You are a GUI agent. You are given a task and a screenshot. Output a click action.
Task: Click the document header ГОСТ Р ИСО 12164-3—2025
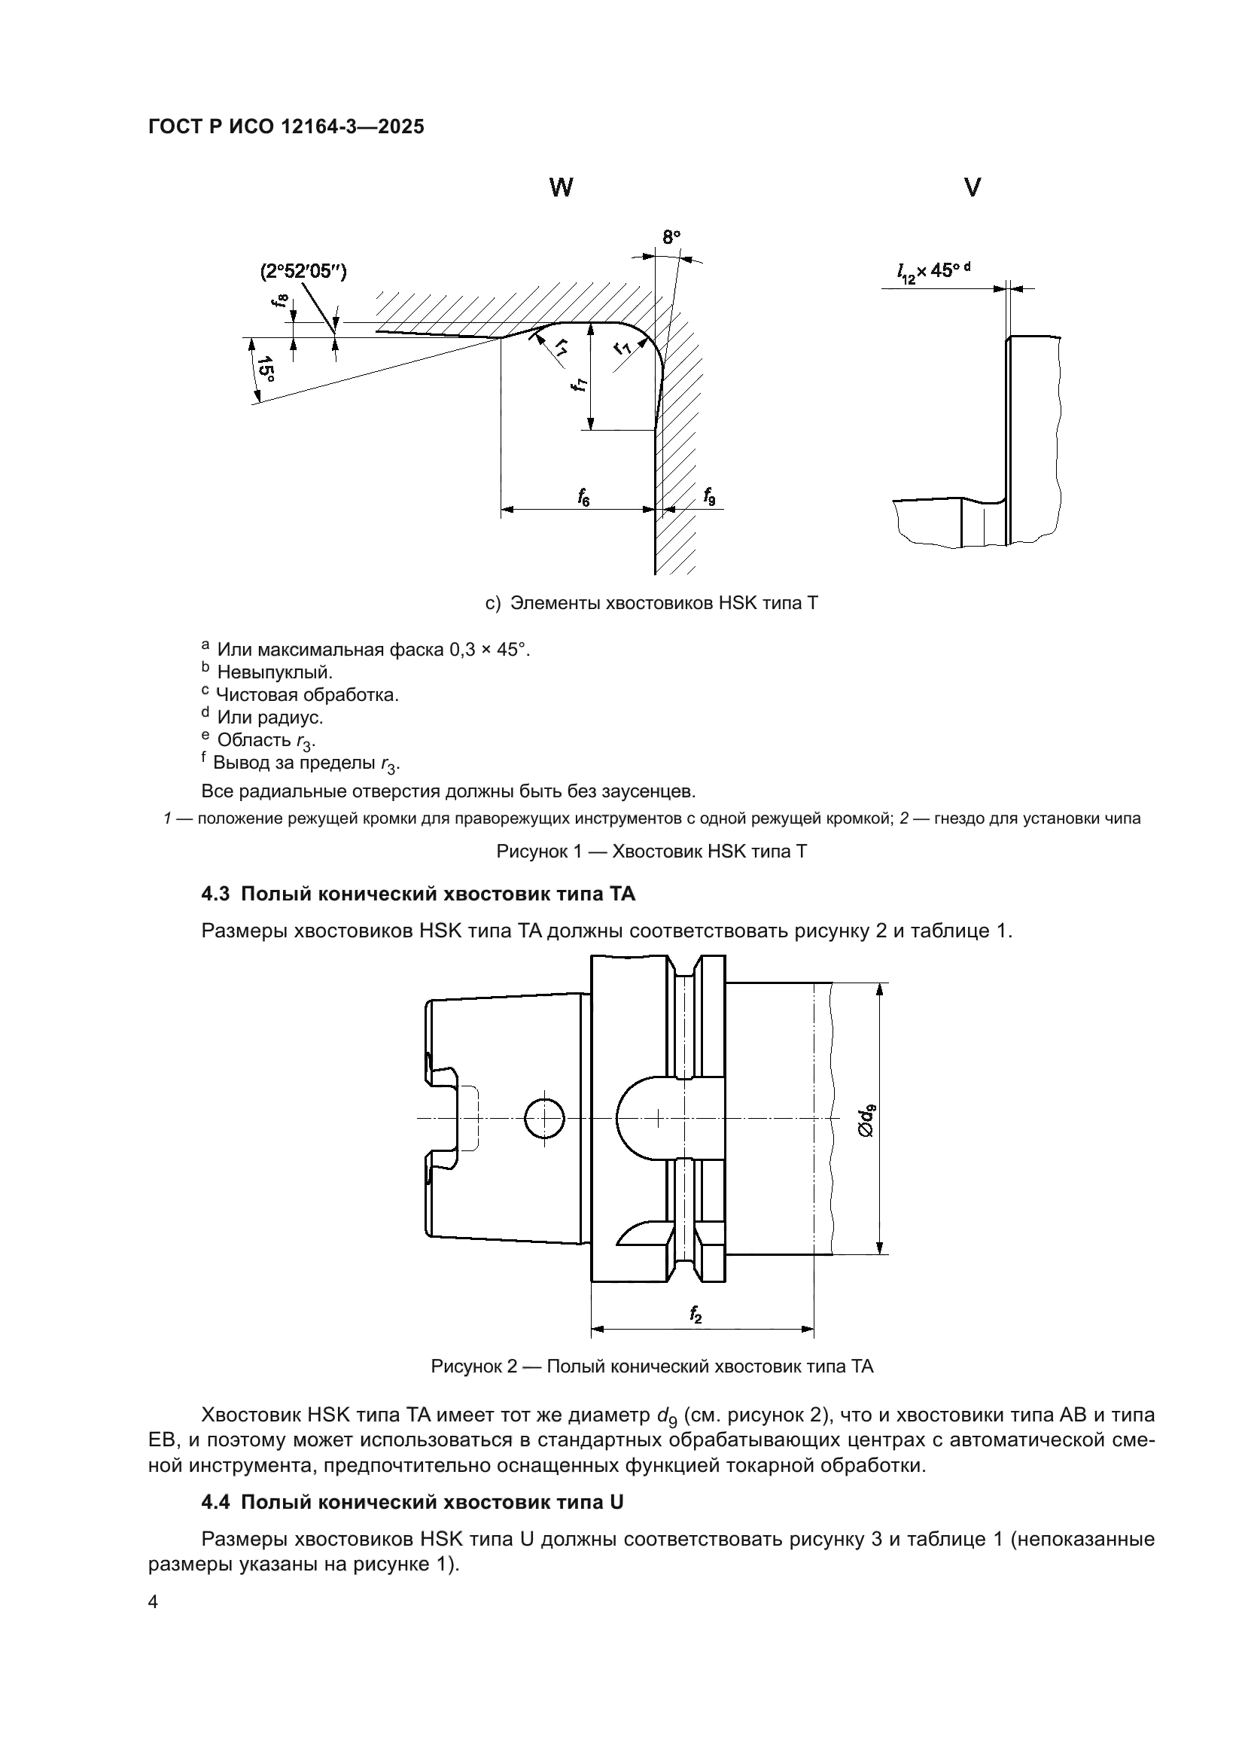286,127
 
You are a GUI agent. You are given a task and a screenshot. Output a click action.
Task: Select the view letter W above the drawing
562,188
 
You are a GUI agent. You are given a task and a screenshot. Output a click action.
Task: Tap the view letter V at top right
972,188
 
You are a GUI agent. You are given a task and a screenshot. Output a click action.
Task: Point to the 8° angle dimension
671,238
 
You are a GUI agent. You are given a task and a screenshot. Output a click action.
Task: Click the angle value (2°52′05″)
303,272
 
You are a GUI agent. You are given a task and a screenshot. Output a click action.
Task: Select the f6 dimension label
583,498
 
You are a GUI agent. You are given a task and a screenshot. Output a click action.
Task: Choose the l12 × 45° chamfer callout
936,271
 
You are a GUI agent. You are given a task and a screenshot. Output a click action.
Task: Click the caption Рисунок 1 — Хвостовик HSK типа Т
652,852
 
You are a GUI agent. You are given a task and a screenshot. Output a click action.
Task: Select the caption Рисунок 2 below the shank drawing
652,1366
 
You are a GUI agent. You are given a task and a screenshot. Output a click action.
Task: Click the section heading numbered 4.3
419,894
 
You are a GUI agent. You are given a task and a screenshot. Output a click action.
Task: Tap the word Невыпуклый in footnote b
275,672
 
